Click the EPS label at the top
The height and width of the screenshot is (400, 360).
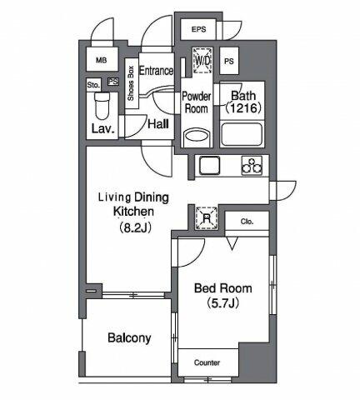[198, 30]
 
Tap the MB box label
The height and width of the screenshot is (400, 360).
[102, 61]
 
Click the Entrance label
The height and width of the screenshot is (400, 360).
[156, 72]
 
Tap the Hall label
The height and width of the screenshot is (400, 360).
[157, 123]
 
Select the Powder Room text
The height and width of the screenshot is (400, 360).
[197, 102]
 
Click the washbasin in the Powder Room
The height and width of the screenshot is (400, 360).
[197, 135]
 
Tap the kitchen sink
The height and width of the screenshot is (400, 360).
[208, 164]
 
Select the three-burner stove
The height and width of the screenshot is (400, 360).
[250, 165]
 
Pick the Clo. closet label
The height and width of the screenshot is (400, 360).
[247, 222]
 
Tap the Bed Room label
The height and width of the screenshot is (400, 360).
[222, 287]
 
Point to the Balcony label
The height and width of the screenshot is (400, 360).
[128, 337]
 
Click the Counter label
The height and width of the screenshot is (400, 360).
[207, 362]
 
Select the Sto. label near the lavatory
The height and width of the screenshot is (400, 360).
[93, 84]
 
